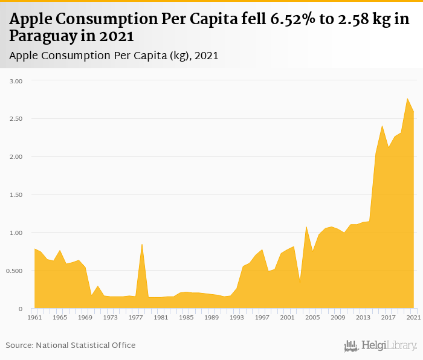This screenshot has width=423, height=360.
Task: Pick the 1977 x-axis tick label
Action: [x=135, y=317]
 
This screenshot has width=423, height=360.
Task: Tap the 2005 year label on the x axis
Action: [x=312, y=317]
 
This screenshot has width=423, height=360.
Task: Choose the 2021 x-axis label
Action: [x=413, y=317]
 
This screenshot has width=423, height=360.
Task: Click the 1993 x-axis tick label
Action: [x=236, y=317]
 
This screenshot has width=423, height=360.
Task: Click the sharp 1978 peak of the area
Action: [x=141, y=244]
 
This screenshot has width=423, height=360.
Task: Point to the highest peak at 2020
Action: [x=407, y=98]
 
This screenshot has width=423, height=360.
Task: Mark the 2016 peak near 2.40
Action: [x=382, y=126]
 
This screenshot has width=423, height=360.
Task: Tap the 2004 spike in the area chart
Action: [x=306, y=227]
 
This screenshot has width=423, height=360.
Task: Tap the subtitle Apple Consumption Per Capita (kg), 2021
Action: [x=114, y=56]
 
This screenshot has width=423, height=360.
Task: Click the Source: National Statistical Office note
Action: [x=71, y=345]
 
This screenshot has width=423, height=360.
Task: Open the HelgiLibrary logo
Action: [x=380, y=346]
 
